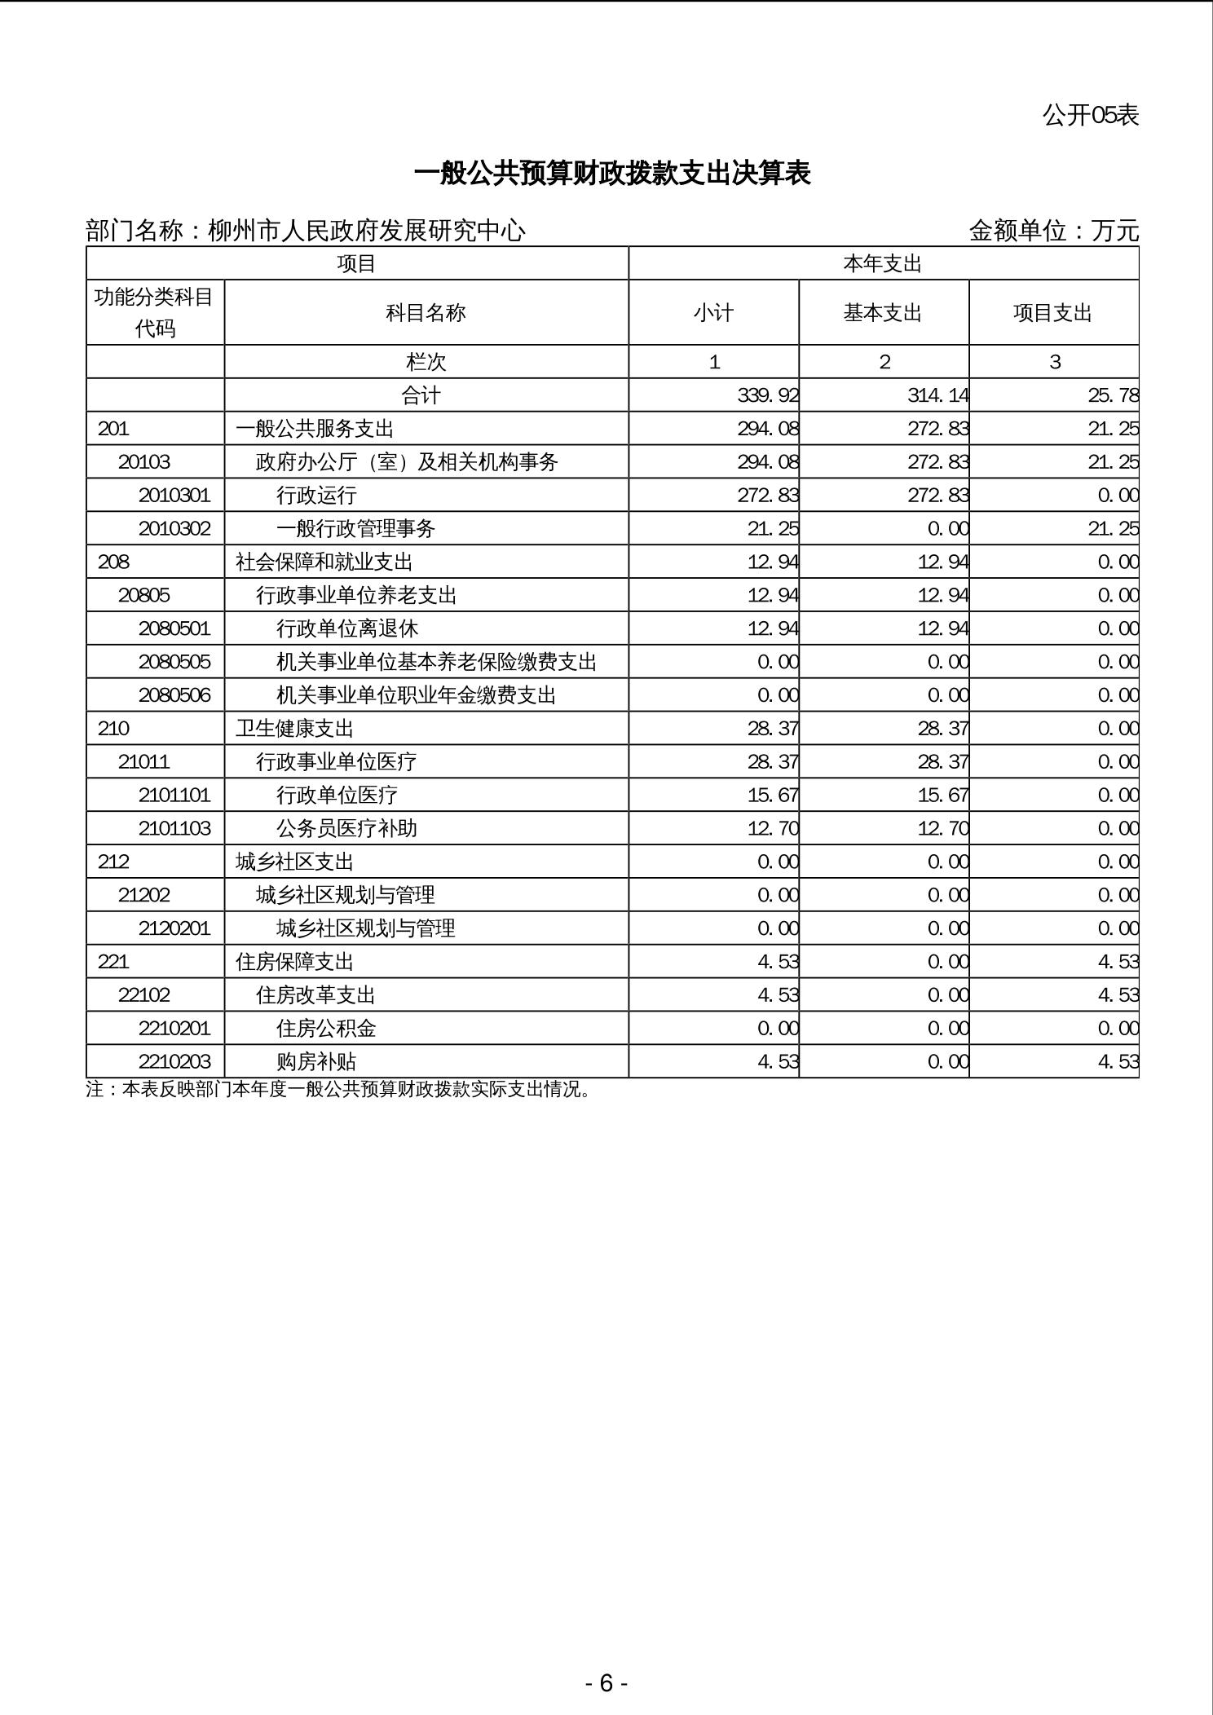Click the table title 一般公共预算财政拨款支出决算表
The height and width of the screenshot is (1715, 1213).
click(612, 174)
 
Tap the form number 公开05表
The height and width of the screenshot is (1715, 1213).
click(1090, 115)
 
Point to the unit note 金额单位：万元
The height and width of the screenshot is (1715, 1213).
click(1053, 231)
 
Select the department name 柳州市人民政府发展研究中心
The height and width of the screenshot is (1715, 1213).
click(367, 231)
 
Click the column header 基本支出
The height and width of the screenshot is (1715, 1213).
click(883, 313)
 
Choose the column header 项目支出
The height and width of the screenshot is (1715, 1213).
click(1052, 313)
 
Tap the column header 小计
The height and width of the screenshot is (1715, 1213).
click(713, 313)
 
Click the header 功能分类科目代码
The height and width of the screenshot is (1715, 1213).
click(154, 312)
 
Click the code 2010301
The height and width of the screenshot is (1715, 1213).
click(174, 496)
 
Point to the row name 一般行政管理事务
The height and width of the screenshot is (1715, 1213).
click(355, 529)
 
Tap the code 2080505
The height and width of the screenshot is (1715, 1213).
click(174, 662)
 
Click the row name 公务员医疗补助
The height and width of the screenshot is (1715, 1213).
click(346, 828)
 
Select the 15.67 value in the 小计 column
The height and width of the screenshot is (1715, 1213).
click(773, 795)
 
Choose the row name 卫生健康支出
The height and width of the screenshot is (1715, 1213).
click(294, 729)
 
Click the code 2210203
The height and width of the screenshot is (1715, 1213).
click(174, 1061)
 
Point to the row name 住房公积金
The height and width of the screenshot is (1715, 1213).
click(326, 1029)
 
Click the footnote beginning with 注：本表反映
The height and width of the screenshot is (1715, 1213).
click(338, 1089)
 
